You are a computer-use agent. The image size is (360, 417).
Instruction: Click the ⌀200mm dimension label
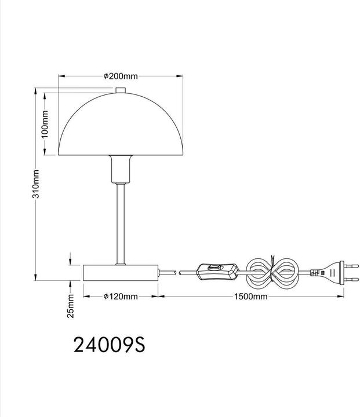pyautogui.click(x=121, y=76)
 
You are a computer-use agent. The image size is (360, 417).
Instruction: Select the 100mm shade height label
pyautogui.click(x=45, y=124)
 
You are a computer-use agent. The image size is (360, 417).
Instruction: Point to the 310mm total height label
pyautogui.click(x=36, y=184)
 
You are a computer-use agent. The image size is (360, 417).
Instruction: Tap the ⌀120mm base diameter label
pyautogui.click(x=121, y=297)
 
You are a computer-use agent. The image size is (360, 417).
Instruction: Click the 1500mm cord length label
pyautogui.click(x=250, y=297)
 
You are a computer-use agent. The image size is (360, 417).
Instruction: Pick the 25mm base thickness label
pyautogui.click(x=71, y=306)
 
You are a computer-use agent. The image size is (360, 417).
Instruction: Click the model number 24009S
pyautogui.click(x=110, y=345)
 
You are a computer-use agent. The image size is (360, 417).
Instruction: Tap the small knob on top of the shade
pyautogui.click(x=121, y=90)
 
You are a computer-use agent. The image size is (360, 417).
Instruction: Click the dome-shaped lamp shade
pyautogui.click(x=121, y=124)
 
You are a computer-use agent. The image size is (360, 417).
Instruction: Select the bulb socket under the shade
pyautogui.click(x=121, y=169)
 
